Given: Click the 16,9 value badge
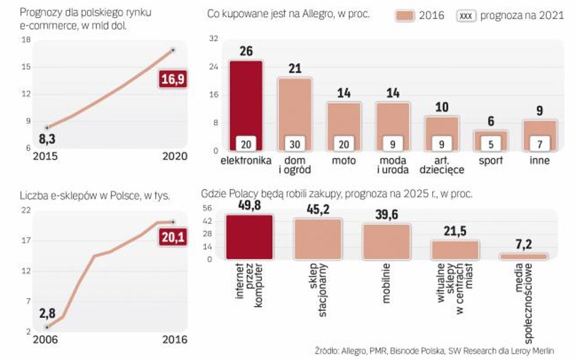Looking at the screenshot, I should click(172, 80).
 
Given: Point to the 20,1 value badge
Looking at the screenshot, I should click(173, 237).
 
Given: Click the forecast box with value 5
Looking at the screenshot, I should click(491, 144).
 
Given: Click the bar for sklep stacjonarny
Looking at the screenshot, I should click(318, 239).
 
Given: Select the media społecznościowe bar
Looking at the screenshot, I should click(524, 256).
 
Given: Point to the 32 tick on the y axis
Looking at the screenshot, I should click(213, 39).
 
